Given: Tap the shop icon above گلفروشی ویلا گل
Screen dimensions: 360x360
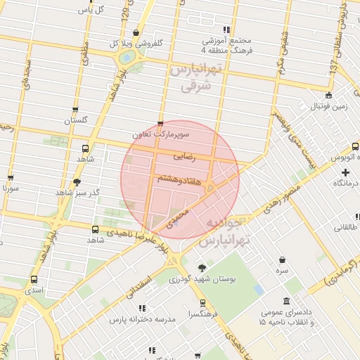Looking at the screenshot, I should click(135, 33).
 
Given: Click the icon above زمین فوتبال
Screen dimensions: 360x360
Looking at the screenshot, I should click(328, 96).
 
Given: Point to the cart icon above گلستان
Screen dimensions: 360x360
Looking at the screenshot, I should click(76, 110).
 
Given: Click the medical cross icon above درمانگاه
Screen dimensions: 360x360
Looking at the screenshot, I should click(345, 172).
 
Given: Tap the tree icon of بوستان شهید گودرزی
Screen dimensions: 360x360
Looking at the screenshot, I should click(202, 268).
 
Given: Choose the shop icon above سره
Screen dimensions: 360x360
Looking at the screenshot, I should click(282, 259).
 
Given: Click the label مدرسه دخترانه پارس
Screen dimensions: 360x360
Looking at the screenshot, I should click(141, 319).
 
